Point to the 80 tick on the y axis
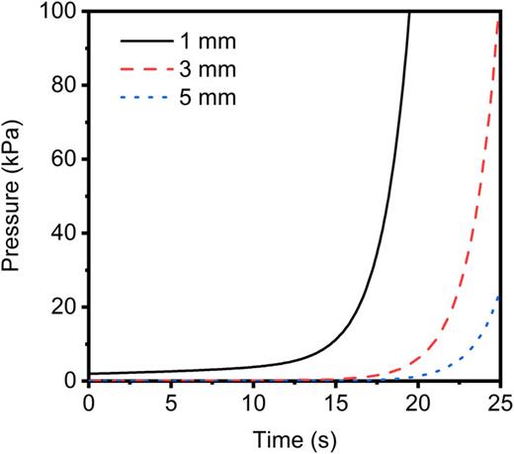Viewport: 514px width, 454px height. click(x=63, y=86)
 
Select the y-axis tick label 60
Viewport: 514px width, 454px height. click(x=63, y=159)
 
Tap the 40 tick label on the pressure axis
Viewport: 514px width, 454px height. click(x=63, y=233)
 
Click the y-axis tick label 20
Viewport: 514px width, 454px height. click(x=63, y=307)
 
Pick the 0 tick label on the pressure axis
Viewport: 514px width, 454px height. click(x=69, y=381)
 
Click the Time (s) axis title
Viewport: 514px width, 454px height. click(x=295, y=435)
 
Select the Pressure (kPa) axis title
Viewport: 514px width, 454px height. click(x=20, y=196)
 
